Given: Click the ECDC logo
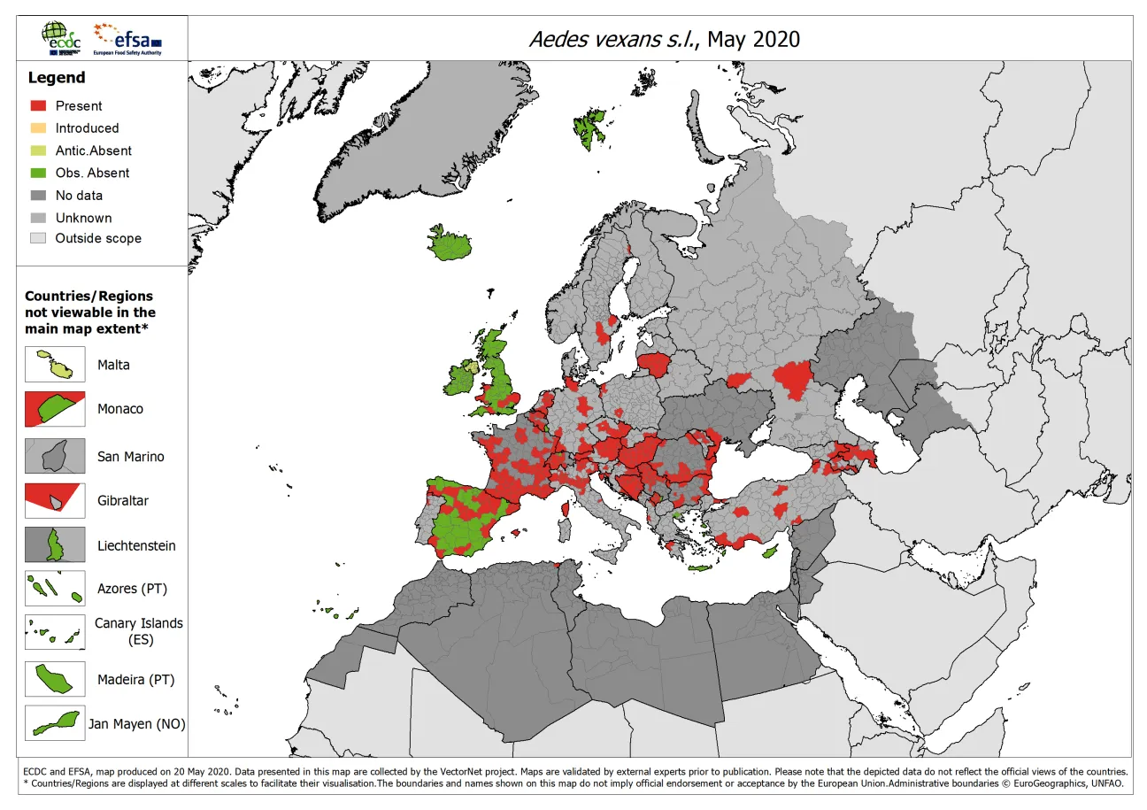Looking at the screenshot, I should pos(61,38).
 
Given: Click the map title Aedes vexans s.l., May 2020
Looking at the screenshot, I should pos(663,39).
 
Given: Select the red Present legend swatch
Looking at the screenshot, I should pos(37,105).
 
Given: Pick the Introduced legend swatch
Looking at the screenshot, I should pos(37,127).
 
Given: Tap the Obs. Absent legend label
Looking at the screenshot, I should pos(92,173).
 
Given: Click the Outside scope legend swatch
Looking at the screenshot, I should pos(37,238).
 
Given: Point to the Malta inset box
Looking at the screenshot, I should pos(55,364).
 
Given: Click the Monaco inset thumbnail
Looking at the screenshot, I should pos(55,409).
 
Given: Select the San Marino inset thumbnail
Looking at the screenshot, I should pos(55,456).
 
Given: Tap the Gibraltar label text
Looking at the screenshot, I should pos(123,500).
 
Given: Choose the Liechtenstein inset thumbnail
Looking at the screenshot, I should pos(55,545).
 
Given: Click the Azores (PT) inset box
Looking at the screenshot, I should pos(55,588).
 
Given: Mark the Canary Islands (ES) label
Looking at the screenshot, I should pos(139,631).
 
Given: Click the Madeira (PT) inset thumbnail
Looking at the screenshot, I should pos(55,679).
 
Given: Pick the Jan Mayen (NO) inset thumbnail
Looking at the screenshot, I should pos(55,723).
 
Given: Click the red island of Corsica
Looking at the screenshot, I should pos(566,508).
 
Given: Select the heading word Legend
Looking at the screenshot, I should pos(57,78).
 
